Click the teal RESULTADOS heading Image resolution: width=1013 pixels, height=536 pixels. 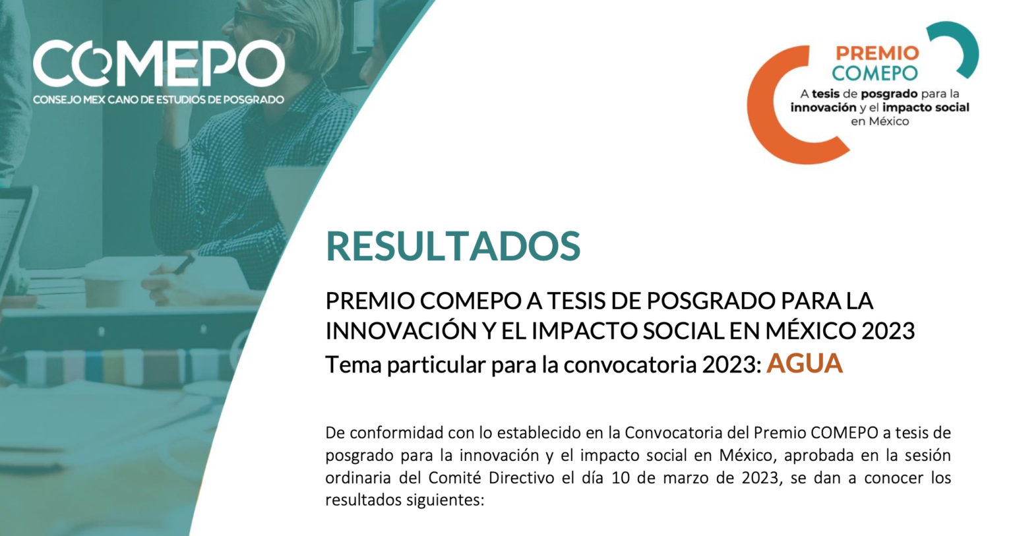pyautogui.click(x=452, y=247)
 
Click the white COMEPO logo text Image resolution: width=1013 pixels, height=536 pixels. pyautogui.click(x=159, y=63)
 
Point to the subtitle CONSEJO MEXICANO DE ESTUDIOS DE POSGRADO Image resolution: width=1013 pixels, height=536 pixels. pyautogui.click(x=158, y=100)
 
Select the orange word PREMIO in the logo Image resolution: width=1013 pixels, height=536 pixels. pyautogui.click(x=877, y=53)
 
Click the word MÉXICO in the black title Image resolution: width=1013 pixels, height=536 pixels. pyautogui.click(x=811, y=331)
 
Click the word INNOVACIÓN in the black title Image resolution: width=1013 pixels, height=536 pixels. pyautogui.click(x=401, y=331)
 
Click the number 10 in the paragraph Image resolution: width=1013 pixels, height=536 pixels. pyautogui.click(x=620, y=478)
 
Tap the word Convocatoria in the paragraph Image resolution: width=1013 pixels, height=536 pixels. pyautogui.click(x=671, y=433)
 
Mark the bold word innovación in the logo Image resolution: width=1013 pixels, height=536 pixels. pyautogui.click(x=823, y=107)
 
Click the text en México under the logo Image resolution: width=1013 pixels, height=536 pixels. pyautogui.click(x=880, y=121)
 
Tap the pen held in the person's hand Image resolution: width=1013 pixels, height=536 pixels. pyautogui.click(x=185, y=264)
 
